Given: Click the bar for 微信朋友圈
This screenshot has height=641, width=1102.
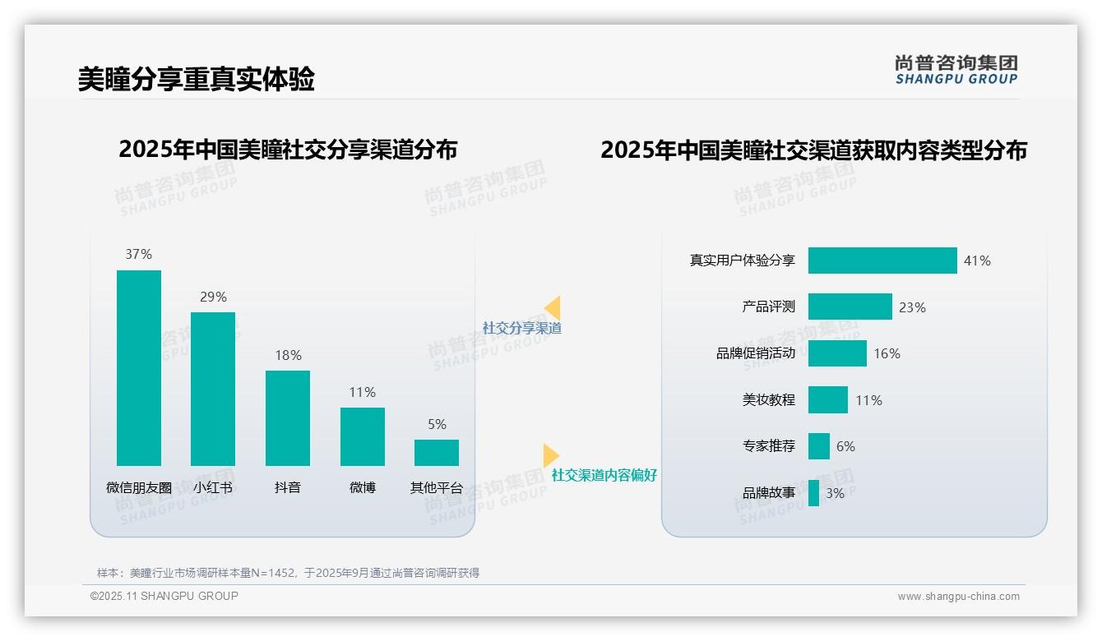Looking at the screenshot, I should (x=138, y=367).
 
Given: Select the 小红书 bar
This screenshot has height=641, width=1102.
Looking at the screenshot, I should (x=213, y=388).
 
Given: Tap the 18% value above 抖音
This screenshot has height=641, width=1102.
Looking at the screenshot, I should (x=288, y=355).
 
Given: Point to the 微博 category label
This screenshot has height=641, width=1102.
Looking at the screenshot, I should (x=363, y=487).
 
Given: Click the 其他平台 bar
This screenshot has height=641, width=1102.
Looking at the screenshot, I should (x=437, y=452).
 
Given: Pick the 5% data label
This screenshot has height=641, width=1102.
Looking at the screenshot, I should (x=437, y=424).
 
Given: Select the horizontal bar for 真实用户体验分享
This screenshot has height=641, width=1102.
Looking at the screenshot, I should (x=882, y=261).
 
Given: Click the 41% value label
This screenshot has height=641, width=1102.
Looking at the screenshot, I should (x=977, y=261).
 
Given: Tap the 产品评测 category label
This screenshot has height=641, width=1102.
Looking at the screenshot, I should (x=768, y=307).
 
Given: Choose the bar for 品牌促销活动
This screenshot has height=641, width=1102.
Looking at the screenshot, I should (x=837, y=353).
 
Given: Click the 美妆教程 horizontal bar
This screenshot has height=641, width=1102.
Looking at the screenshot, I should (x=827, y=400).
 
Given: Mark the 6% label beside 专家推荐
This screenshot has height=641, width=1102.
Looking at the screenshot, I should (x=845, y=446).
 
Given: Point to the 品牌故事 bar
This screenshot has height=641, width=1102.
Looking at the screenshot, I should (x=813, y=493).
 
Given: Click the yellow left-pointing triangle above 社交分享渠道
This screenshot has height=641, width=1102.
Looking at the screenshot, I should (x=553, y=308).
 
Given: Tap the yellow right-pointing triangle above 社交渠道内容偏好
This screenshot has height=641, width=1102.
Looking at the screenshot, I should (x=550, y=455).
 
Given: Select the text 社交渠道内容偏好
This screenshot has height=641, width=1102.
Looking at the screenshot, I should (x=604, y=475).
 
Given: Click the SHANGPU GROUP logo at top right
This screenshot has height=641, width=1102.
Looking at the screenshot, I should (x=956, y=70).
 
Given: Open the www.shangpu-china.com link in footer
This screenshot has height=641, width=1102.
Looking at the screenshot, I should (x=958, y=597).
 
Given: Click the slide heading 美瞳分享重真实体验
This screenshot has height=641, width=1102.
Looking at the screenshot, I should (x=196, y=80).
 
